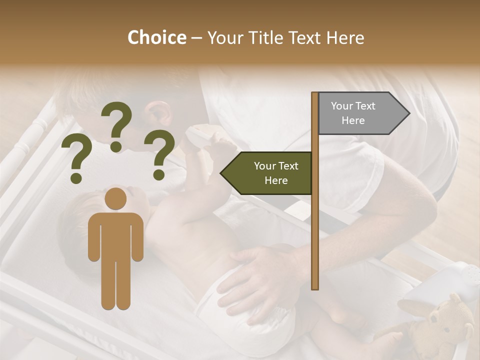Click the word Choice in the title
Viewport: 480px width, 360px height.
[x=156, y=38]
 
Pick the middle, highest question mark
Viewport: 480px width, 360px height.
[x=117, y=125]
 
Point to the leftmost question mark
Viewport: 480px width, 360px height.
[x=77, y=160]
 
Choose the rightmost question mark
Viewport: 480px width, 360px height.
[x=159, y=154]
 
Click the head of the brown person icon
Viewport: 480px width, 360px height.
[x=116, y=198]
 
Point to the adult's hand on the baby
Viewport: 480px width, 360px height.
[x=255, y=280]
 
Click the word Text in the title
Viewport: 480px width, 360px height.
[x=305, y=38]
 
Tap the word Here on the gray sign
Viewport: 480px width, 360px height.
[x=353, y=120]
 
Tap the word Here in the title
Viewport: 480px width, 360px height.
[x=345, y=38]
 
